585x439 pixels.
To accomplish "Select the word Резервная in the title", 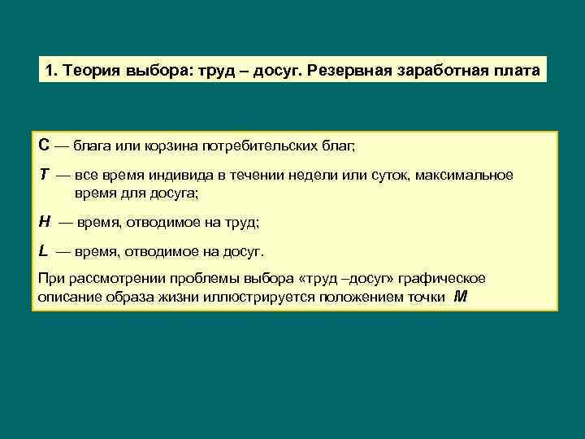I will [x=351, y=70].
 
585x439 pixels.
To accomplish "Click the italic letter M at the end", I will [x=461, y=297].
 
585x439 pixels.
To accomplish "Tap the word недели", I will [x=331, y=176].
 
